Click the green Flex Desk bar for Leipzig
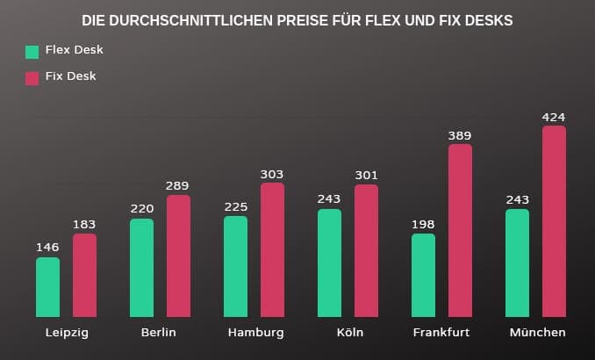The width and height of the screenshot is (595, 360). [x=47, y=287]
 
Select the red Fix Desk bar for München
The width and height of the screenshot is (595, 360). [x=554, y=221]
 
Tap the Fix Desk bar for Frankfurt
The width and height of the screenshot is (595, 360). [x=460, y=231]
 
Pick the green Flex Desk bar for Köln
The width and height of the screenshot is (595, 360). [x=329, y=263]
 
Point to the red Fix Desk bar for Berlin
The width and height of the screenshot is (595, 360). [x=178, y=256]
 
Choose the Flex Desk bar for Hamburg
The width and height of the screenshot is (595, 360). [x=235, y=266]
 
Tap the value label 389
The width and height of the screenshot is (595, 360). [x=460, y=135]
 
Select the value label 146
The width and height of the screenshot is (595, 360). [x=47, y=248]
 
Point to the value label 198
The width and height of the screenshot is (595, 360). [x=423, y=224]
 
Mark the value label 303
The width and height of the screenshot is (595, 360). [x=272, y=174]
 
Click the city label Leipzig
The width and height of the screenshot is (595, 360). [x=67, y=333]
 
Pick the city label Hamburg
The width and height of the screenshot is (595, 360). [x=255, y=333]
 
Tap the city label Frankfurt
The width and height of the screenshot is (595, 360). [x=441, y=333]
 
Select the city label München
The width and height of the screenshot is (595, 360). [x=537, y=333]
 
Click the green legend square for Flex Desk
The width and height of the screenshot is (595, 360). [x=32, y=52]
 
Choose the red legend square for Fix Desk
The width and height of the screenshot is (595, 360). [x=32, y=77]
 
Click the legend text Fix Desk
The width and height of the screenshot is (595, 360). [x=71, y=76]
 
